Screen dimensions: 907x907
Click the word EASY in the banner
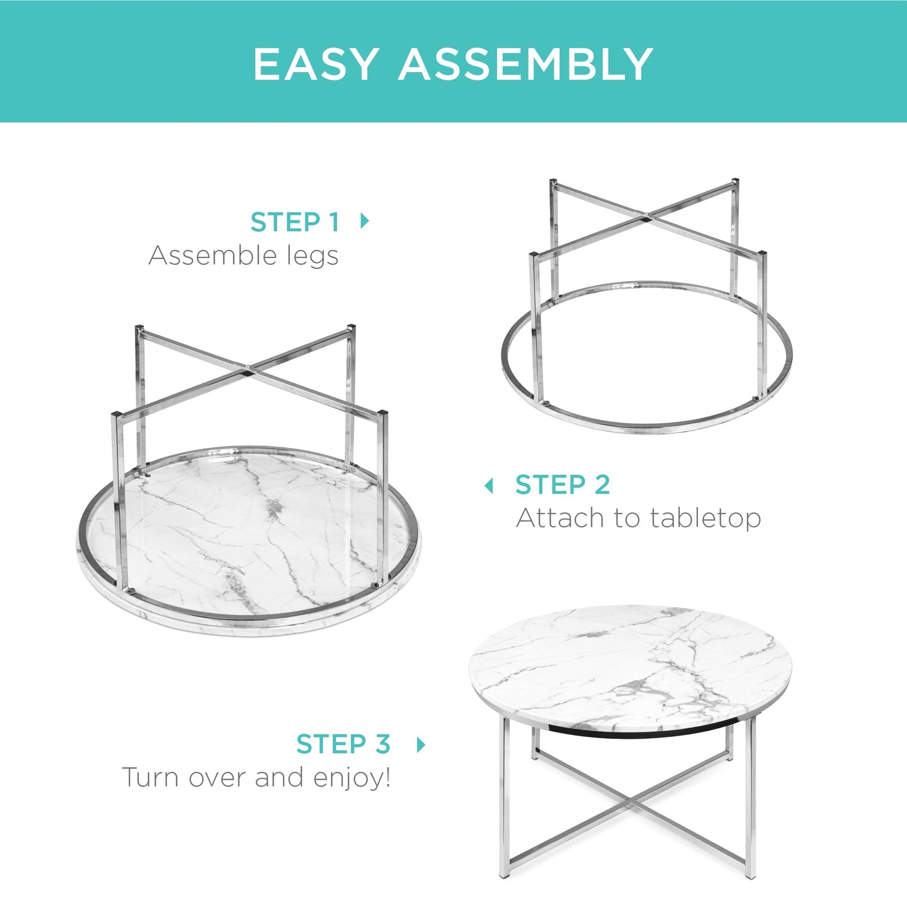[316, 64]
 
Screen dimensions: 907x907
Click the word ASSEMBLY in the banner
[526, 64]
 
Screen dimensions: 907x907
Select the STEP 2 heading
[562, 485]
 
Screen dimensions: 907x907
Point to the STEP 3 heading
[343, 744]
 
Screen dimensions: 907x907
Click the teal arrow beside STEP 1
[364, 221]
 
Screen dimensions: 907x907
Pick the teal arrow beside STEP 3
[421, 744]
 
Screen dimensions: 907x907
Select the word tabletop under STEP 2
[706, 518]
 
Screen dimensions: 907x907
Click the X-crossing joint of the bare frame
[647, 217]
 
